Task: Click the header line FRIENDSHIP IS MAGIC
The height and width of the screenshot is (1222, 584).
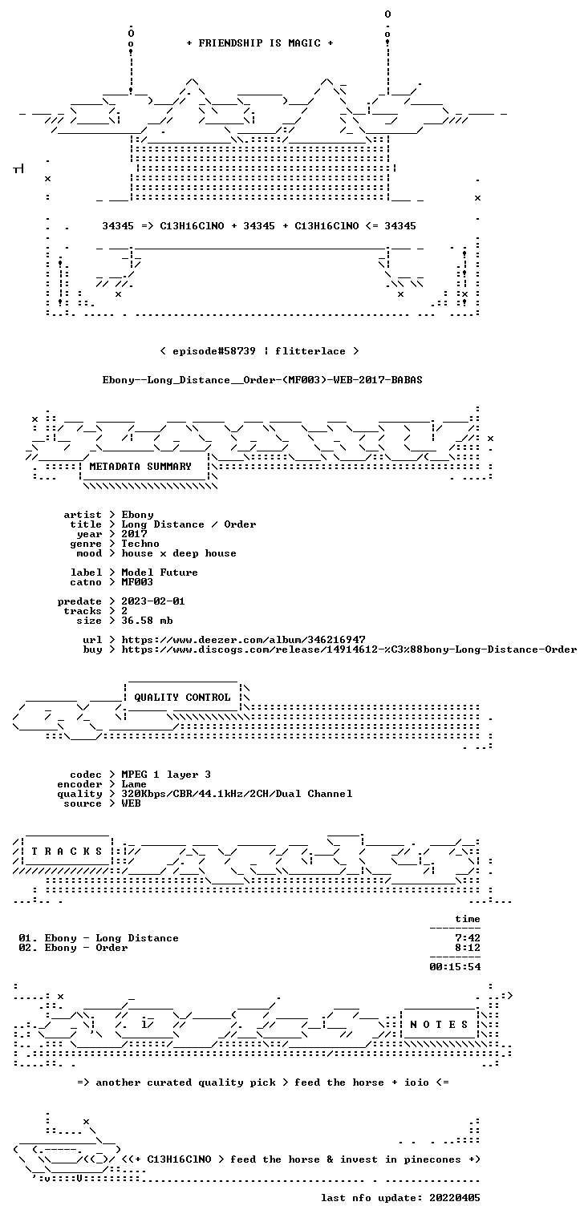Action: click(259, 43)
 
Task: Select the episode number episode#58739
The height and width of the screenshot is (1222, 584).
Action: click(214, 350)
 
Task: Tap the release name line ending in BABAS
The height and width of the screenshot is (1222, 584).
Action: click(262, 380)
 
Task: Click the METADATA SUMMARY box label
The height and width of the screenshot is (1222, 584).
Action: click(140, 467)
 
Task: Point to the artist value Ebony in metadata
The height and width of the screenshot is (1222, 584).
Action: click(137, 515)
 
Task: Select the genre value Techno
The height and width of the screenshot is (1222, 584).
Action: click(140, 544)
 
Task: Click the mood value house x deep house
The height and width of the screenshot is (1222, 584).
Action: click(179, 553)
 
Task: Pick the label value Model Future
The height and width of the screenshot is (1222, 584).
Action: click(160, 573)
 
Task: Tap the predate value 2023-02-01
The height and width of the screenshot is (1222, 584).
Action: click(153, 601)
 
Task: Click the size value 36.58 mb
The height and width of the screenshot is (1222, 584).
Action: click(147, 621)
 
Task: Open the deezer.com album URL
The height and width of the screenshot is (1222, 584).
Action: click(243, 639)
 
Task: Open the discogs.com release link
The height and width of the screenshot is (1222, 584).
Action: click(349, 649)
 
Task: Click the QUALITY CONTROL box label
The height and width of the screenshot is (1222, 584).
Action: click(182, 697)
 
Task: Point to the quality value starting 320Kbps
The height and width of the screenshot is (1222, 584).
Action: click(237, 794)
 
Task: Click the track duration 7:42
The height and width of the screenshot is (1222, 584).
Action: click(468, 938)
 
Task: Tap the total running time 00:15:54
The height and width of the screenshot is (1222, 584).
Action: click(455, 967)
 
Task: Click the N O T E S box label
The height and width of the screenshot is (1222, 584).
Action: click(439, 1025)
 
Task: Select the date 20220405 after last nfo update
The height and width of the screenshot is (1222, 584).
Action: click(455, 1197)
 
